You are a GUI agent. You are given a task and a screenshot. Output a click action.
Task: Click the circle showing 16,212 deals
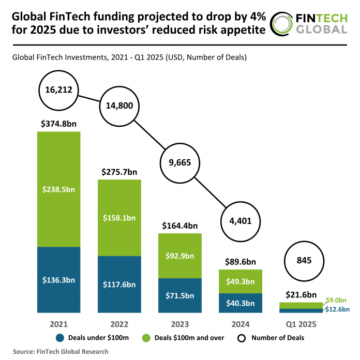[x=58, y=91]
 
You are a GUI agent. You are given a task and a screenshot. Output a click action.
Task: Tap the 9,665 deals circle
[x=180, y=162]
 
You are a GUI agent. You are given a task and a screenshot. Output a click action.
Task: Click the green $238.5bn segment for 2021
[x=58, y=189]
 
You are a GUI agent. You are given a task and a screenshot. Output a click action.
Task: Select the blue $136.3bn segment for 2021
[x=58, y=280]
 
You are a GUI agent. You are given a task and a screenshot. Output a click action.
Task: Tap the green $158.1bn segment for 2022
[x=119, y=217]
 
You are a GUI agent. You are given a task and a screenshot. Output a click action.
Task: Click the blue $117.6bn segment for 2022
[x=119, y=284]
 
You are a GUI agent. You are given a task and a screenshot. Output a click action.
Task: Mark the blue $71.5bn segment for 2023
[x=180, y=295]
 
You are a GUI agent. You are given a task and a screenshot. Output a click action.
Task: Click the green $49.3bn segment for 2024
[x=241, y=281]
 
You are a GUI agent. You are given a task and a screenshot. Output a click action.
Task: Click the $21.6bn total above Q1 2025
[x=302, y=294]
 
